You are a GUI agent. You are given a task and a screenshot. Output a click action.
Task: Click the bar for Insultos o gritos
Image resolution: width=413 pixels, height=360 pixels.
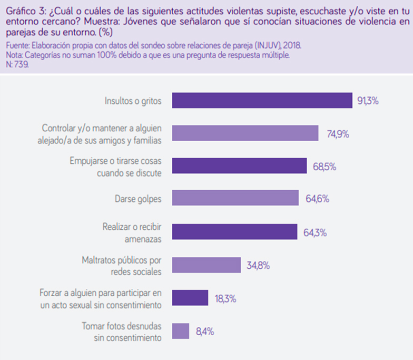[262, 100]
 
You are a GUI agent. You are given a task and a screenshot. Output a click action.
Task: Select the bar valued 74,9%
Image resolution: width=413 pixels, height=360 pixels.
[245, 133]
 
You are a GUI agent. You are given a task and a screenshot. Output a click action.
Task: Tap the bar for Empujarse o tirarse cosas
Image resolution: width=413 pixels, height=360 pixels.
[239, 166]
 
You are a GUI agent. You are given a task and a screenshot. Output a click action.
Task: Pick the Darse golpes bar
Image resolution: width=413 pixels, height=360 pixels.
[235, 199]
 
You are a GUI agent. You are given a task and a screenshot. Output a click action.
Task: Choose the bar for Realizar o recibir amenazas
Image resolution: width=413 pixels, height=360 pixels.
[235, 232]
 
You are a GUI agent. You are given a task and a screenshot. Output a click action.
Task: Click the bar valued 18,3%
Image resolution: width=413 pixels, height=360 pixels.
[190, 298]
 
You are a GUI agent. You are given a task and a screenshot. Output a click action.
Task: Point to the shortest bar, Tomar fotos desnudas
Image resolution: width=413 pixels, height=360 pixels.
[181, 331]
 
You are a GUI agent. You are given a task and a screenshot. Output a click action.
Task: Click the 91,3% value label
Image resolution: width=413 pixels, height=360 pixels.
[368, 101]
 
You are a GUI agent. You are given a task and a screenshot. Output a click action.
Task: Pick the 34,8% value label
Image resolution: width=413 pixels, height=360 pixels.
[258, 266]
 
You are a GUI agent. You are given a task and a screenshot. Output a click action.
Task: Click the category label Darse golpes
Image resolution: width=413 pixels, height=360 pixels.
[138, 199]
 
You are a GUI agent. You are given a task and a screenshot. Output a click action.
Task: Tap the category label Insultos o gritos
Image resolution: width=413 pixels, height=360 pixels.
[133, 101]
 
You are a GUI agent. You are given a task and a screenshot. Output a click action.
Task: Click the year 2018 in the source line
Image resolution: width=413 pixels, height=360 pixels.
[291, 46]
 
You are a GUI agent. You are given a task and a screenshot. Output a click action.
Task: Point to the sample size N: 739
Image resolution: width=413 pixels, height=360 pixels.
[17, 63]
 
